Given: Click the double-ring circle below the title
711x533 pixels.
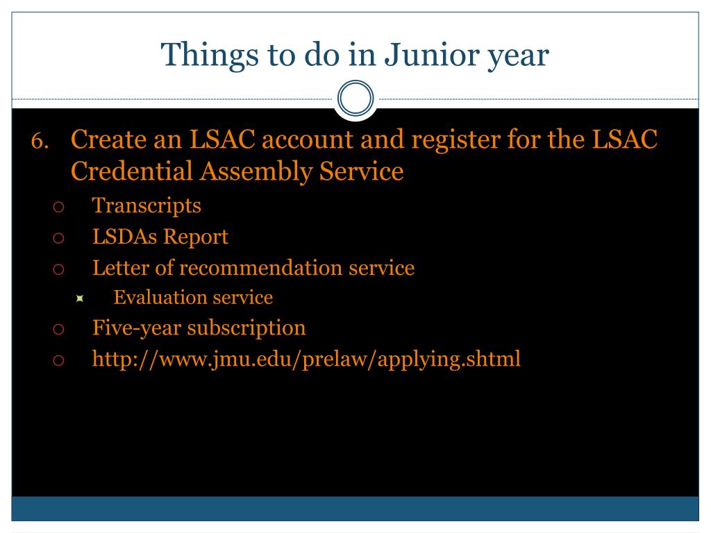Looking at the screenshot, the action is pyautogui.click(x=355, y=99).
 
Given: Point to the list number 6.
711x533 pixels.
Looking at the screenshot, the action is pyautogui.click(x=40, y=140).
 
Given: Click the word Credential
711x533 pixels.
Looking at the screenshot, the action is pyautogui.click(x=132, y=171).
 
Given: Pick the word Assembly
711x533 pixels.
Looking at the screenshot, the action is pyautogui.click(x=256, y=172).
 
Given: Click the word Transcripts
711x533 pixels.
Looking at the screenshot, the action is pyautogui.click(x=147, y=205).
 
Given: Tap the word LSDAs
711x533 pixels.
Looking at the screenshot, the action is pyautogui.click(x=124, y=237).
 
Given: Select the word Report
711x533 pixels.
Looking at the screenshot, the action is pyautogui.click(x=195, y=237).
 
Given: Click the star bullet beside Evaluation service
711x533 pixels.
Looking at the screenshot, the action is pyautogui.click(x=80, y=298).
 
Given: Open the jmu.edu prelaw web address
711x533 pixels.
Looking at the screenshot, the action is pyautogui.click(x=306, y=359).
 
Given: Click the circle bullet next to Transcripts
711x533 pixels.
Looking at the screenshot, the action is pyautogui.click(x=58, y=207).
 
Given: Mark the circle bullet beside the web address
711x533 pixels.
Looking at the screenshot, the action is pyautogui.click(x=58, y=360).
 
